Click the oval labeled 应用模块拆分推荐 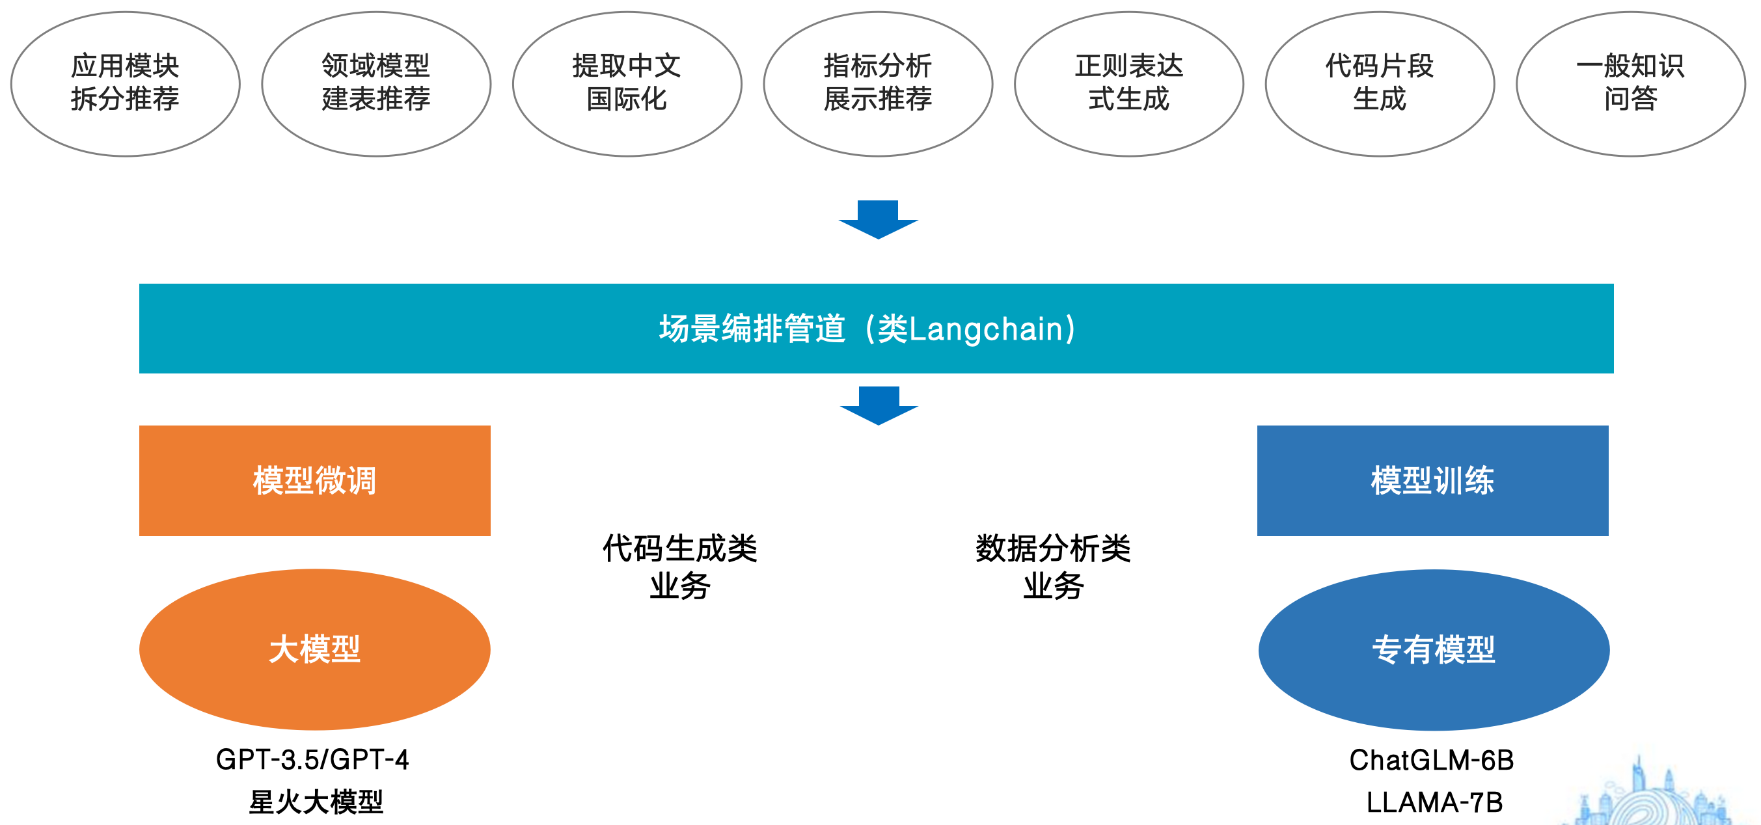pyautogui.click(x=125, y=83)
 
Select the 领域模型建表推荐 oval pyautogui.click(x=376, y=83)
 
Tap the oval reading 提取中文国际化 pyautogui.click(x=627, y=83)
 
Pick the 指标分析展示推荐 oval pyautogui.click(x=878, y=83)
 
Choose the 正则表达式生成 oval pyautogui.click(x=1128, y=83)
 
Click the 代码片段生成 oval pyautogui.click(x=1380, y=83)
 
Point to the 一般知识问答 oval pyautogui.click(x=1630, y=83)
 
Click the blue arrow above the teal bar pyautogui.click(x=879, y=219)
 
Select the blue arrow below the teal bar pyautogui.click(x=879, y=405)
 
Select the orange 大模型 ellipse pyautogui.click(x=314, y=649)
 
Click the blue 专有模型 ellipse pyautogui.click(x=1434, y=649)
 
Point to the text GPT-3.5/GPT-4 pyautogui.click(x=312, y=759)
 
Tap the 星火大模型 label pyautogui.click(x=316, y=802)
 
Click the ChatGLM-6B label pyautogui.click(x=1432, y=760)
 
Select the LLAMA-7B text pyautogui.click(x=1434, y=802)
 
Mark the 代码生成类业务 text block pyautogui.click(x=679, y=567)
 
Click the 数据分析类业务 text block pyautogui.click(x=1053, y=567)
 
